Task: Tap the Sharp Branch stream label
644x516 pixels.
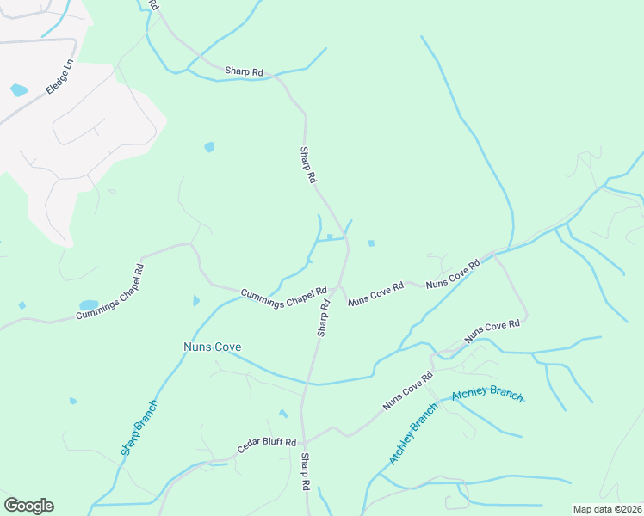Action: [x=139, y=427]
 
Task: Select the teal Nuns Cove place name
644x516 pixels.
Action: [x=212, y=347]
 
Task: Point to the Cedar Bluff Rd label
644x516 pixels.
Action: [x=267, y=446]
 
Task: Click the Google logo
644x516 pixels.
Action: [x=28, y=505]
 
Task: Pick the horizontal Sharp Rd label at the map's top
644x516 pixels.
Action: [x=244, y=72]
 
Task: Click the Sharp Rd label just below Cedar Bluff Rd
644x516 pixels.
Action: [x=306, y=472]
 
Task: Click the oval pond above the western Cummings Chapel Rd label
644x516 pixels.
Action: [x=89, y=305]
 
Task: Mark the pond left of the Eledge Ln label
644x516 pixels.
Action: [x=19, y=89]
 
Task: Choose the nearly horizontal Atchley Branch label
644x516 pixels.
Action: [x=487, y=395]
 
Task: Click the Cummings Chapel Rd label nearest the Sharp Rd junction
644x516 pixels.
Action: [x=283, y=297]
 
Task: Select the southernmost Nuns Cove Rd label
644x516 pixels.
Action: [x=407, y=391]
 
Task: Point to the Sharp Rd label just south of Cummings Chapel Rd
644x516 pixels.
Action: [x=324, y=316]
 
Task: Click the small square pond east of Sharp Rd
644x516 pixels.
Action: [x=371, y=243]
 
